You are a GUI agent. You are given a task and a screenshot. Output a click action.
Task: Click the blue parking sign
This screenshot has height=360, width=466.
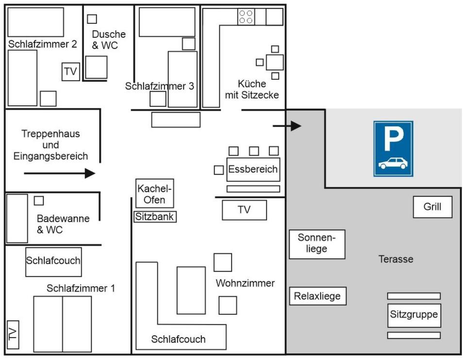[393, 149]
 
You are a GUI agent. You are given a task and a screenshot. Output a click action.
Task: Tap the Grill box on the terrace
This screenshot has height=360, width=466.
[433, 207]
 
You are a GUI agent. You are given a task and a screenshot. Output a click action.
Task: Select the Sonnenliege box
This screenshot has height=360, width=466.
[317, 244]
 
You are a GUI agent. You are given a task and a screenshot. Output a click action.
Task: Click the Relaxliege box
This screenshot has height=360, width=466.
[317, 296]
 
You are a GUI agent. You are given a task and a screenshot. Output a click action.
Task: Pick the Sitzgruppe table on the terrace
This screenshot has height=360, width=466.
[414, 315]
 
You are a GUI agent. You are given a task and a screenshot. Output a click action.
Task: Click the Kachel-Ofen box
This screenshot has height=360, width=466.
[155, 194]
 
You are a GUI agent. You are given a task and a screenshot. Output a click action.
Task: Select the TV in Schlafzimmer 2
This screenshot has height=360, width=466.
[70, 72]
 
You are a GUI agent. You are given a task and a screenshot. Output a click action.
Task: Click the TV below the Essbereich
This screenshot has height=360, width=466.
[244, 210]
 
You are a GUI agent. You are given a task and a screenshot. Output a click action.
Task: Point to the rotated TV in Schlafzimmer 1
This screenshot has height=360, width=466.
[13, 334]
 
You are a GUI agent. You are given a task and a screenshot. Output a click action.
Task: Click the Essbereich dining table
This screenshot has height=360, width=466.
[253, 169]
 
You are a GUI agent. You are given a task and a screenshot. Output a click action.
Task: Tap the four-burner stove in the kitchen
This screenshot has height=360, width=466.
[246, 17]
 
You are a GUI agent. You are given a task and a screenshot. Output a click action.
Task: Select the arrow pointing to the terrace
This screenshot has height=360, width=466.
[287, 126]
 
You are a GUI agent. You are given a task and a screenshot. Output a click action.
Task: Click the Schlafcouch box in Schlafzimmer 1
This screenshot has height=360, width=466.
[53, 261]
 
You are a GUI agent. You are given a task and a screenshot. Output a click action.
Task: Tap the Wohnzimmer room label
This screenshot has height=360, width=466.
[245, 283]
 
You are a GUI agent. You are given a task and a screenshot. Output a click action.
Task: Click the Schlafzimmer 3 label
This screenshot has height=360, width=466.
[160, 86]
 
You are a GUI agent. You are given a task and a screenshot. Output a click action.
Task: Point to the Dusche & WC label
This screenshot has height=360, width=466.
[109, 40]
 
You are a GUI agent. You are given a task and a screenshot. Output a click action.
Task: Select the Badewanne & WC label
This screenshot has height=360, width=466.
[63, 224]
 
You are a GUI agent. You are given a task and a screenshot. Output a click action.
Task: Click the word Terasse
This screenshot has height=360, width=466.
[396, 259]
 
